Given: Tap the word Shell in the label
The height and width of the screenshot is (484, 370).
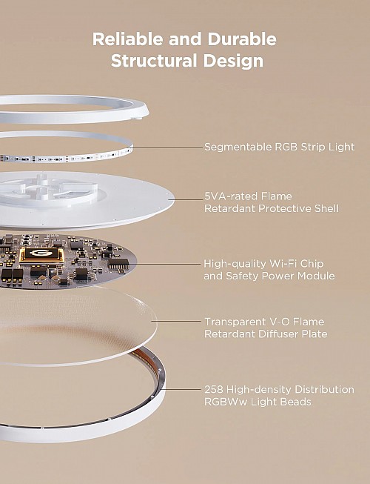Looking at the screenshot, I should (323, 208).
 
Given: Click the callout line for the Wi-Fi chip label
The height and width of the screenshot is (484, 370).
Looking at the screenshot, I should (168, 263).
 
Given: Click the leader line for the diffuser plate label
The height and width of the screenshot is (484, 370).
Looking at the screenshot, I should (178, 322).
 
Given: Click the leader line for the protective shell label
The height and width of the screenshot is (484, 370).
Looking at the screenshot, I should (185, 199).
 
